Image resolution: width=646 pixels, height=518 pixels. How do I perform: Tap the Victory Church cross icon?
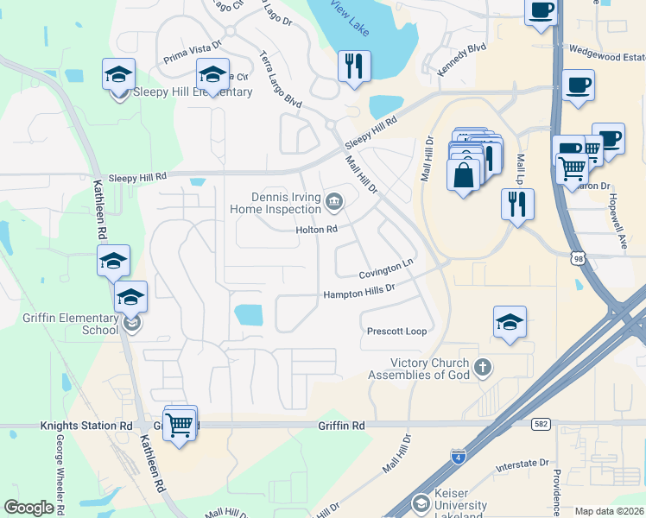pyautogui.click(x=483, y=369)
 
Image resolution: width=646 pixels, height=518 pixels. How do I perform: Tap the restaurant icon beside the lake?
pyautogui.click(x=353, y=66)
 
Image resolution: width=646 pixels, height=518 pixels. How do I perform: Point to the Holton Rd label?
pyautogui.click(x=316, y=230)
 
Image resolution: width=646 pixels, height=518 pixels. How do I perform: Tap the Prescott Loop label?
pyautogui.click(x=396, y=332)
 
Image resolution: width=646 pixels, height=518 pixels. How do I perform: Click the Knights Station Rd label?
pyautogui.click(x=86, y=426)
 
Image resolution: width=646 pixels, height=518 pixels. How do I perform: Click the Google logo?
pyautogui.click(x=28, y=507)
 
